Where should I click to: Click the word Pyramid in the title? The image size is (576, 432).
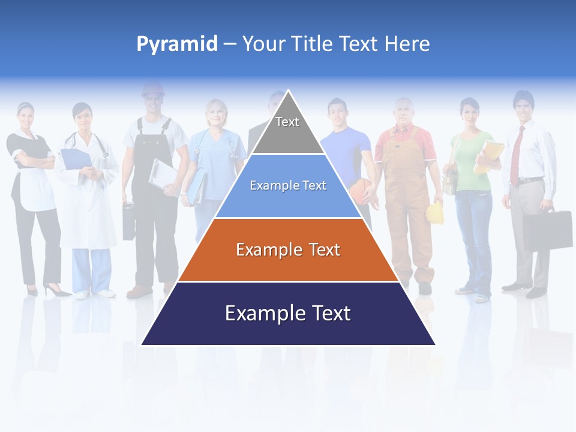click(x=176, y=44)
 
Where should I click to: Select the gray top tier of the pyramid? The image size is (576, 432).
click(x=287, y=129)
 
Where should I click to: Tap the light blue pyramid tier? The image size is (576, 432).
click(x=288, y=186)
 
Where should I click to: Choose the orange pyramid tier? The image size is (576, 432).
click(x=288, y=250)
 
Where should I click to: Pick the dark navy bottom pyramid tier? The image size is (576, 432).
click(x=288, y=313)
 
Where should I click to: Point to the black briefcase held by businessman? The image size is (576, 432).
click(x=547, y=230)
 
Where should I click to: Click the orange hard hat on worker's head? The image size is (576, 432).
click(x=152, y=89)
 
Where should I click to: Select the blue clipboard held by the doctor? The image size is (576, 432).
click(x=76, y=158)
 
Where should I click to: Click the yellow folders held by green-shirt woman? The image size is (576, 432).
click(x=488, y=156)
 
